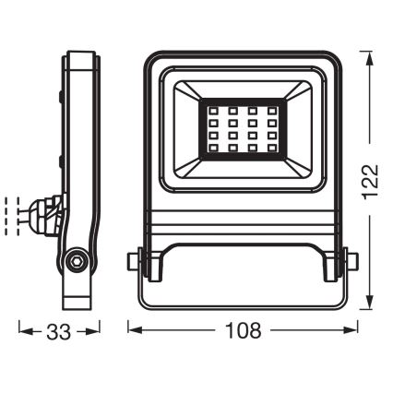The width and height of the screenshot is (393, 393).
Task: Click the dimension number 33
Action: click(60, 330)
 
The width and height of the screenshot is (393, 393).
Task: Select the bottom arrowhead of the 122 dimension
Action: click(370, 310)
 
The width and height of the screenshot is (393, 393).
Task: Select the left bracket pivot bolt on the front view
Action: click(136, 261)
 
